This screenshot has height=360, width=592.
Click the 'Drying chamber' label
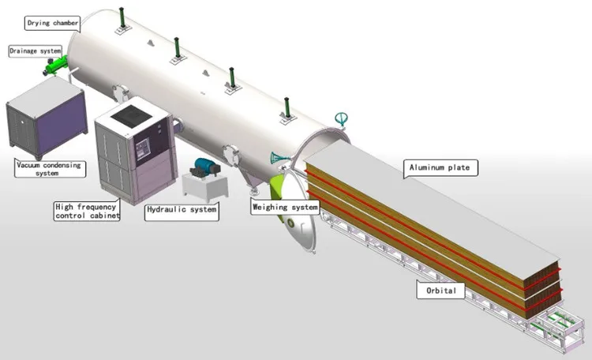53,23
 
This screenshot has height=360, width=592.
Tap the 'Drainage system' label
34,51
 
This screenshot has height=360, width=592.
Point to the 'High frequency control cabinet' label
86,211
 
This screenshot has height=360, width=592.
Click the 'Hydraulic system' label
182,211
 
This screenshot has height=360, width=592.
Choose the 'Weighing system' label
284,208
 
